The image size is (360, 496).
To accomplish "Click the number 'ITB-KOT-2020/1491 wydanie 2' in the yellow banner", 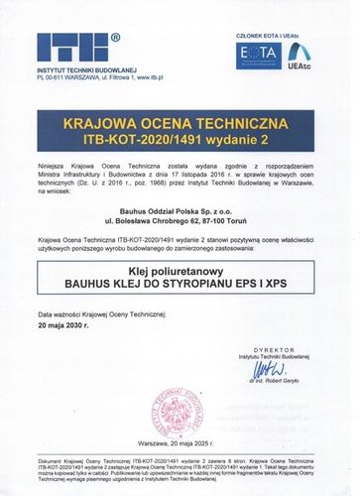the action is [x=180, y=132].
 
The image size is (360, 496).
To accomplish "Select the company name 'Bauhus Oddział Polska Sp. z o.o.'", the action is [x=180, y=199].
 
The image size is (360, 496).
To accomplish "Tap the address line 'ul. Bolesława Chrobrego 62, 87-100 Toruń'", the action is [x=180, y=211].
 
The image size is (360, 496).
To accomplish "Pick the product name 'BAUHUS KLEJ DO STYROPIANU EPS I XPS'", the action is [x=180, y=282].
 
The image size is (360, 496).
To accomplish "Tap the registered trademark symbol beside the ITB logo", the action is [x=115, y=38].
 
